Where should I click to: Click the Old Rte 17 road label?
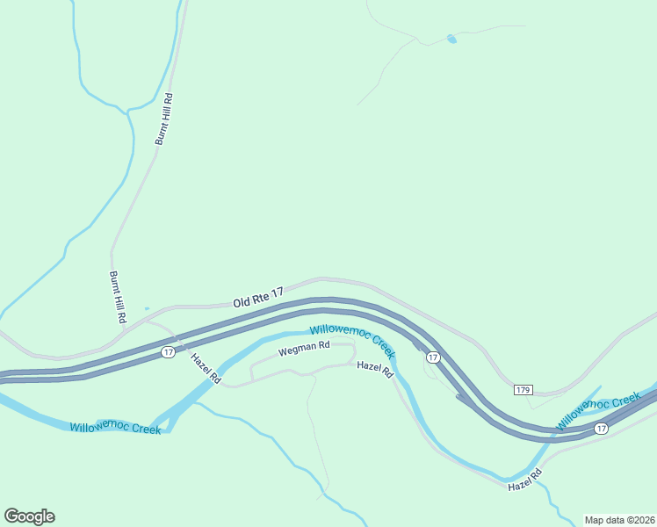(x=258, y=297)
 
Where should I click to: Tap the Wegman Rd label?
(x=304, y=350)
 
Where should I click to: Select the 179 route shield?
(x=523, y=389)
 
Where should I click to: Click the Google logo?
(x=29, y=516)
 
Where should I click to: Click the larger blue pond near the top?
(x=451, y=39)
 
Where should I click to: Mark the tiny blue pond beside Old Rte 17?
(x=146, y=308)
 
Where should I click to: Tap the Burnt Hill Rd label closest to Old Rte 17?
(x=118, y=295)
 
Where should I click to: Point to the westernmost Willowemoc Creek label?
(x=115, y=428)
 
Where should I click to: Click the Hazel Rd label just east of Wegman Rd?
(x=375, y=369)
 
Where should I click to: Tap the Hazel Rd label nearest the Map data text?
(x=525, y=480)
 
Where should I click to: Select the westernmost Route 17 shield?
(x=167, y=352)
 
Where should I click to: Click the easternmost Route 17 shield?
(x=601, y=429)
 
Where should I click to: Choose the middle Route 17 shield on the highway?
(x=432, y=357)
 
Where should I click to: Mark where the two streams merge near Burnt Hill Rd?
(x=128, y=110)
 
